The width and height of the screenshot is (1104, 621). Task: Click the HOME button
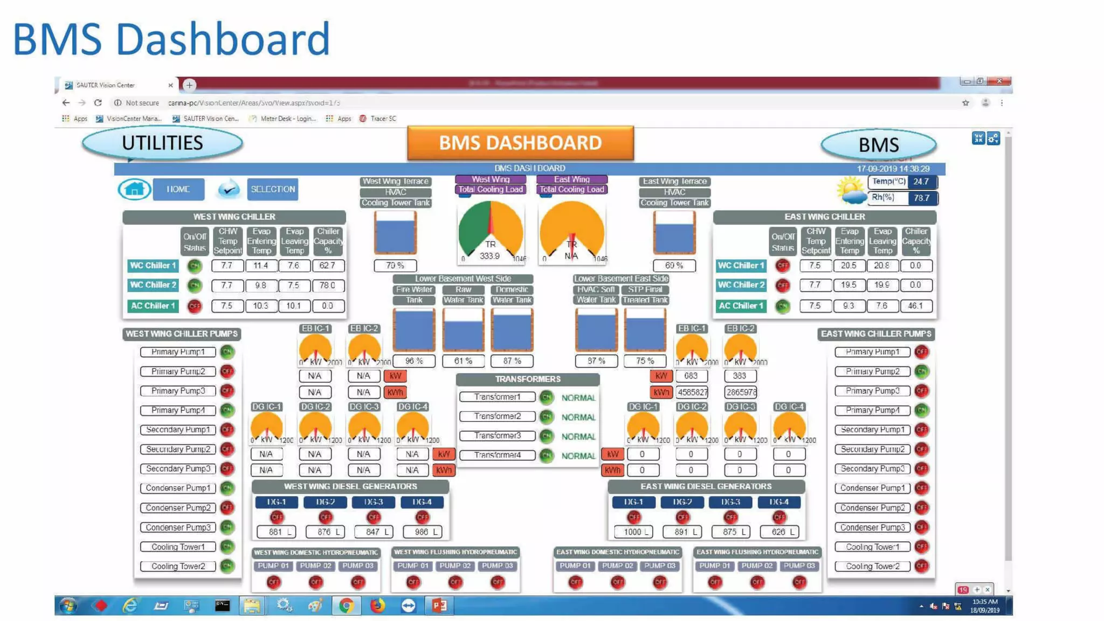pyautogui.click(x=178, y=189)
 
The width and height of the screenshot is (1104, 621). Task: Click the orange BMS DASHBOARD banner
pyautogui.click(x=520, y=143)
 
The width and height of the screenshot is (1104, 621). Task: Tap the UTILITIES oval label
pyautogui.click(x=162, y=143)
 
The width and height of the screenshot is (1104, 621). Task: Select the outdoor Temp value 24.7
pyautogui.click(x=921, y=182)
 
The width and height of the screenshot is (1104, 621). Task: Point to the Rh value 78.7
pyautogui.click(x=921, y=198)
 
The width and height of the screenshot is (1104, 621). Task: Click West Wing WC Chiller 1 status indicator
pyautogui.click(x=194, y=266)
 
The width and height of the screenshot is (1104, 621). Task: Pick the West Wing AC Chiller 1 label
pyautogui.click(x=153, y=306)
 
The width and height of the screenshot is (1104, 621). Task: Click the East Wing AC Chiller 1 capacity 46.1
pyautogui.click(x=915, y=306)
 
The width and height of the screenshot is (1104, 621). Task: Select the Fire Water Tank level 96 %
pyautogui.click(x=413, y=361)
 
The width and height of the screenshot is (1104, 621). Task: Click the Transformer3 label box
pyautogui.click(x=497, y=436)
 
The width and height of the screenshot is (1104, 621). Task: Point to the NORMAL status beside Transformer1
pyautogui.click(x=578, y=398)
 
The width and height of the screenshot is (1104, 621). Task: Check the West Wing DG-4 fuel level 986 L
pyautogui.click(x=422, y=532)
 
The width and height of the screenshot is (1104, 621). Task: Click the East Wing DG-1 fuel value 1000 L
pyautogui.click(x=633, y=532)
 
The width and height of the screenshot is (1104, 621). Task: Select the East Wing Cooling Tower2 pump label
pyautogui.click(x=872, y=566)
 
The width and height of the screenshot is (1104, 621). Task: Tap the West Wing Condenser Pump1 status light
pyautogui.click(x=227, y=488)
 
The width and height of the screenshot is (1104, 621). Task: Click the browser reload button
pyautogui.click(x=98, y=102)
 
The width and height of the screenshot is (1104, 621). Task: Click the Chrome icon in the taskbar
pyautogui.click(x=346, y=605)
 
